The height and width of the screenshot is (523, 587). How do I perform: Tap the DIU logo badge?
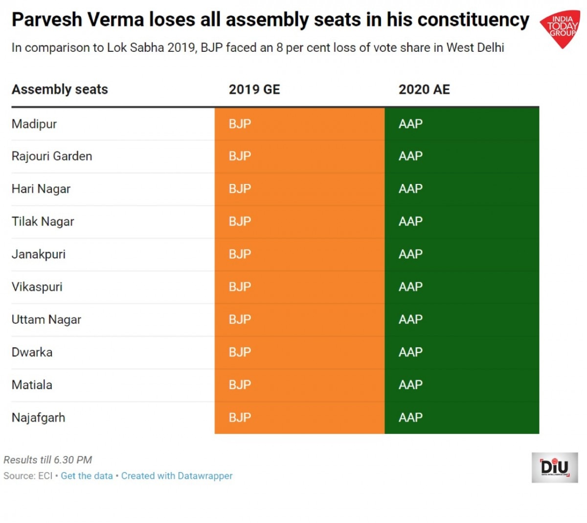coord(555,467)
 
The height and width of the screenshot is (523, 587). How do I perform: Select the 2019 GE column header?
coord(254,90)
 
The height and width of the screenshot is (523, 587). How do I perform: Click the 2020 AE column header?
coord(424,90)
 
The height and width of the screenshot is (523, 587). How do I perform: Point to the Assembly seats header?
coord(60,90)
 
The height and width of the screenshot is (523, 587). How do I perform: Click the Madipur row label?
coord(34,124)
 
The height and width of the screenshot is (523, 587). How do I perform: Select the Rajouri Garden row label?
coord(52,156)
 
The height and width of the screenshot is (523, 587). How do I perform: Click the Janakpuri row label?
coord(39,254)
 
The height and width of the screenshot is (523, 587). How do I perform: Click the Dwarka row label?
coord(32,352)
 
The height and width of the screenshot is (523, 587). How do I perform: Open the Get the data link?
coord(87,476)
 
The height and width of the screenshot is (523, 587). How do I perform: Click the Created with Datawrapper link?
coord(177,476)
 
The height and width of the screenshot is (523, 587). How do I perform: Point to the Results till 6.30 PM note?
coord(48,460)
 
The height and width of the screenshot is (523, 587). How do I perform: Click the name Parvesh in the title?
coord(47,20)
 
